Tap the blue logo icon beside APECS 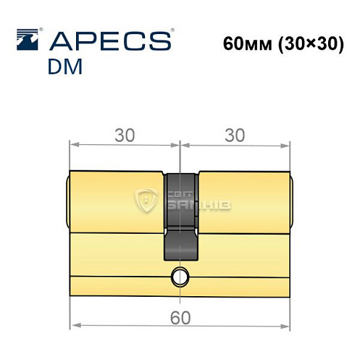28,40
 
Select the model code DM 65,66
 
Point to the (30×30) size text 309,44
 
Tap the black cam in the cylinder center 181,217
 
